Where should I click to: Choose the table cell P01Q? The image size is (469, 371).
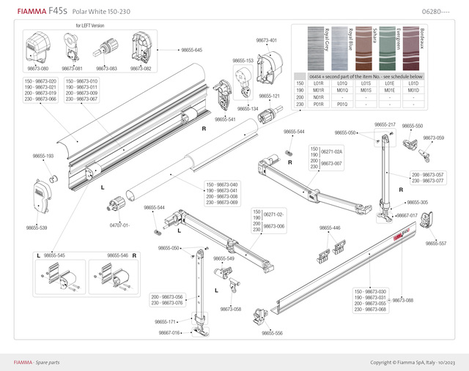(341, 104)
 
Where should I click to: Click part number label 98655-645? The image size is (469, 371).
(190, 50)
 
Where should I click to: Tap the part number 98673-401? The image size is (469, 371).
(267, 40)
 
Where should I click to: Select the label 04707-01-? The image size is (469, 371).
(119, 225)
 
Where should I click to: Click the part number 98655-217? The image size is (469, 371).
(385, 125)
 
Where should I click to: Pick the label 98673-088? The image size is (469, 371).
(403, 300)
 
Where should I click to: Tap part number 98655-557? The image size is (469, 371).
(436, 243)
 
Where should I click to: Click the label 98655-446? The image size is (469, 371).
(330, 228)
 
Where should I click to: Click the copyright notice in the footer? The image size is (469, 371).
(413, 362)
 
